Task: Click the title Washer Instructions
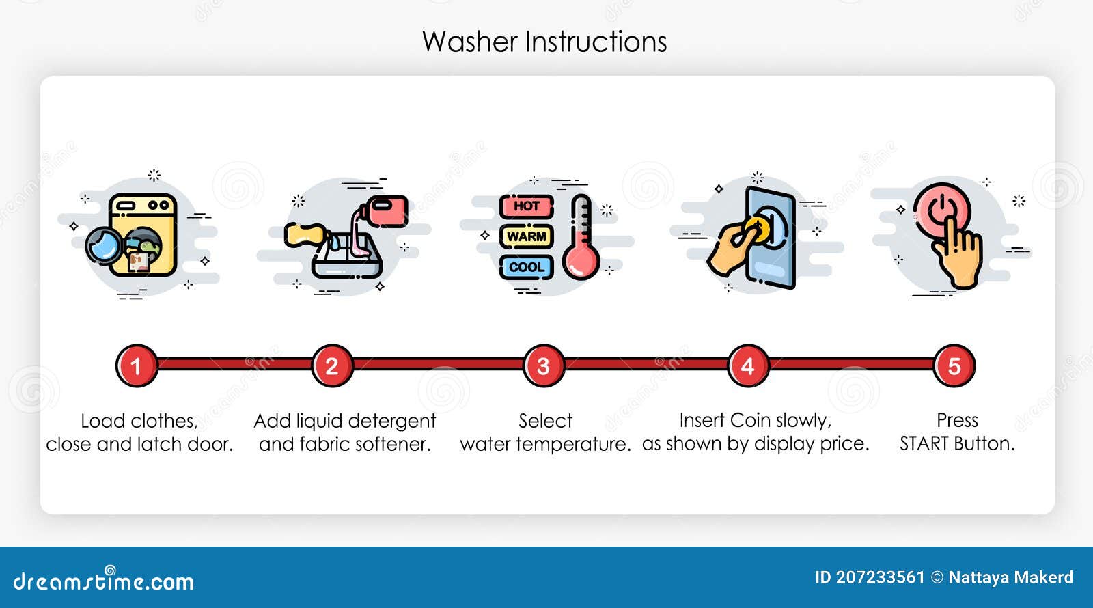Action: point(544,42)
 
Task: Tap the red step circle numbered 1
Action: point(136,365)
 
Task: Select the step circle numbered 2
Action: point(332,365)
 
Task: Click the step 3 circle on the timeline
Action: point(543,365)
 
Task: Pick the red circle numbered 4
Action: point(747,365)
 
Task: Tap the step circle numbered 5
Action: point(954,365)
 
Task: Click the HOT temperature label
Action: point(526,206)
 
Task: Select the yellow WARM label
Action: point(526,236)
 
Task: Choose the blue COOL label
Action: point(526,267)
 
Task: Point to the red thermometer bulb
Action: point(581,262)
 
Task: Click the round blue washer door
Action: point(104,245)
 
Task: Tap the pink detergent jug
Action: point(387,210)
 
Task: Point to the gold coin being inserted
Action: point(757,229)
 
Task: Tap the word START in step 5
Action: point(924,444)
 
